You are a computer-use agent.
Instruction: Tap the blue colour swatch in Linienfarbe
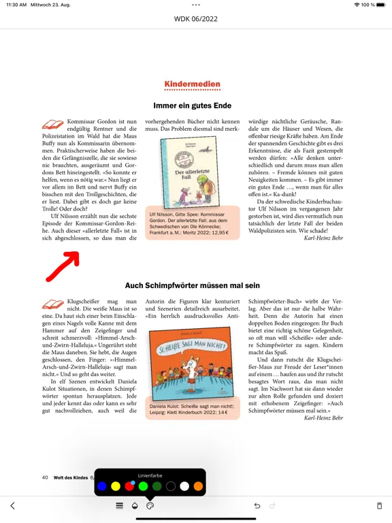click(102, 486)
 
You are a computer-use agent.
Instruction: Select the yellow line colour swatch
click(116, 486)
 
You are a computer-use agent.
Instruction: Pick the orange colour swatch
click(198, 486)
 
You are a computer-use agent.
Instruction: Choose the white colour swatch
click(184, 486)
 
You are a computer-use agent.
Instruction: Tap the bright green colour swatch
click(143, 486)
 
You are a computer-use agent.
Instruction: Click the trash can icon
click(379, 506)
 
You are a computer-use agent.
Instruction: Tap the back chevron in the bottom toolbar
click(12, 506)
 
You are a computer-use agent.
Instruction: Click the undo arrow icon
click(257, 506)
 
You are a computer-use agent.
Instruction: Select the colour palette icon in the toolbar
click(150, 506)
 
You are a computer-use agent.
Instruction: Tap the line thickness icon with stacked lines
click(119, 506)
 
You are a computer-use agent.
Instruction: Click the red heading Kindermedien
click(192, 85)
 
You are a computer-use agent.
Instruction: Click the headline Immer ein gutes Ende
click(192, 106)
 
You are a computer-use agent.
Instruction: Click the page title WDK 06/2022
click(196, 19)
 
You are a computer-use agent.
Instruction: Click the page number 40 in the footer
click(45, 477)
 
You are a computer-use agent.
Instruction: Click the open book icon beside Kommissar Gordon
click(52, 124)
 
